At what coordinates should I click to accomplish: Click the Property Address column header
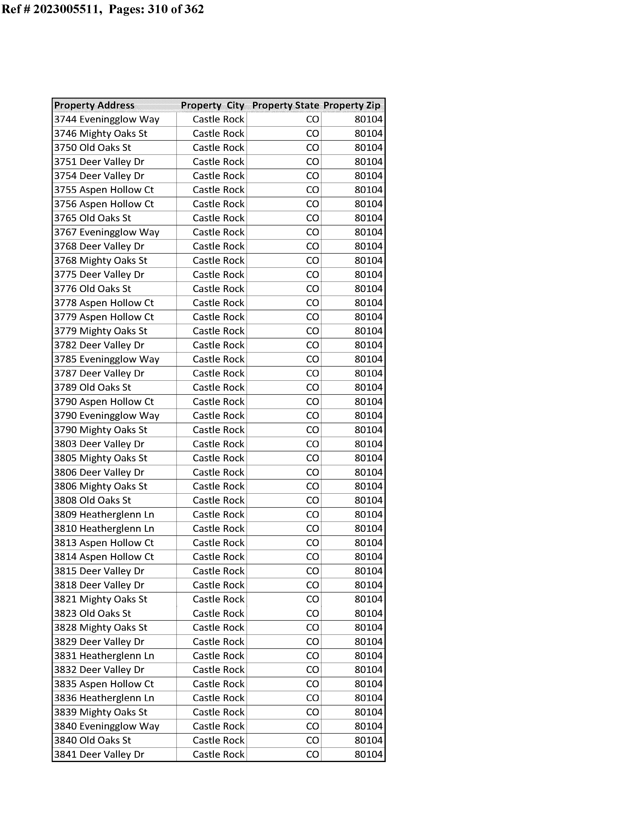coord(94,105)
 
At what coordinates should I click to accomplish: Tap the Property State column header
coord(285,105)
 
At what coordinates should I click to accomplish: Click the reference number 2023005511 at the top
coord(66,9)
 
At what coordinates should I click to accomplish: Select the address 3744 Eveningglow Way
coord(107,120)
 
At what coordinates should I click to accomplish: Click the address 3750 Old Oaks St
coord(92,148)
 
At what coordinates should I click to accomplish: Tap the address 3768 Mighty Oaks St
coord(100,261)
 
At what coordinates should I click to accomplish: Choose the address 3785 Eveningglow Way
coord(107,359)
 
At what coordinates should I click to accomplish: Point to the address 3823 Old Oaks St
coord(92,613)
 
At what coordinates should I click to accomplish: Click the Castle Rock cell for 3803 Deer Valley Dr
coord(218,444)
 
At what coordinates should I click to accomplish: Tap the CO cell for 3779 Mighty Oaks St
coord(312,331)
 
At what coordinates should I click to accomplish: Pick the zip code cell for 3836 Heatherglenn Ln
coord(368,698)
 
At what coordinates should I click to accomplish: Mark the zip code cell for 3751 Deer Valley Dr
coord(368,162)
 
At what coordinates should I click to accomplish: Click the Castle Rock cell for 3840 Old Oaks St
coord(218,740)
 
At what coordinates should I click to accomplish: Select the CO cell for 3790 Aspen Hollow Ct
coord(312,402)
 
